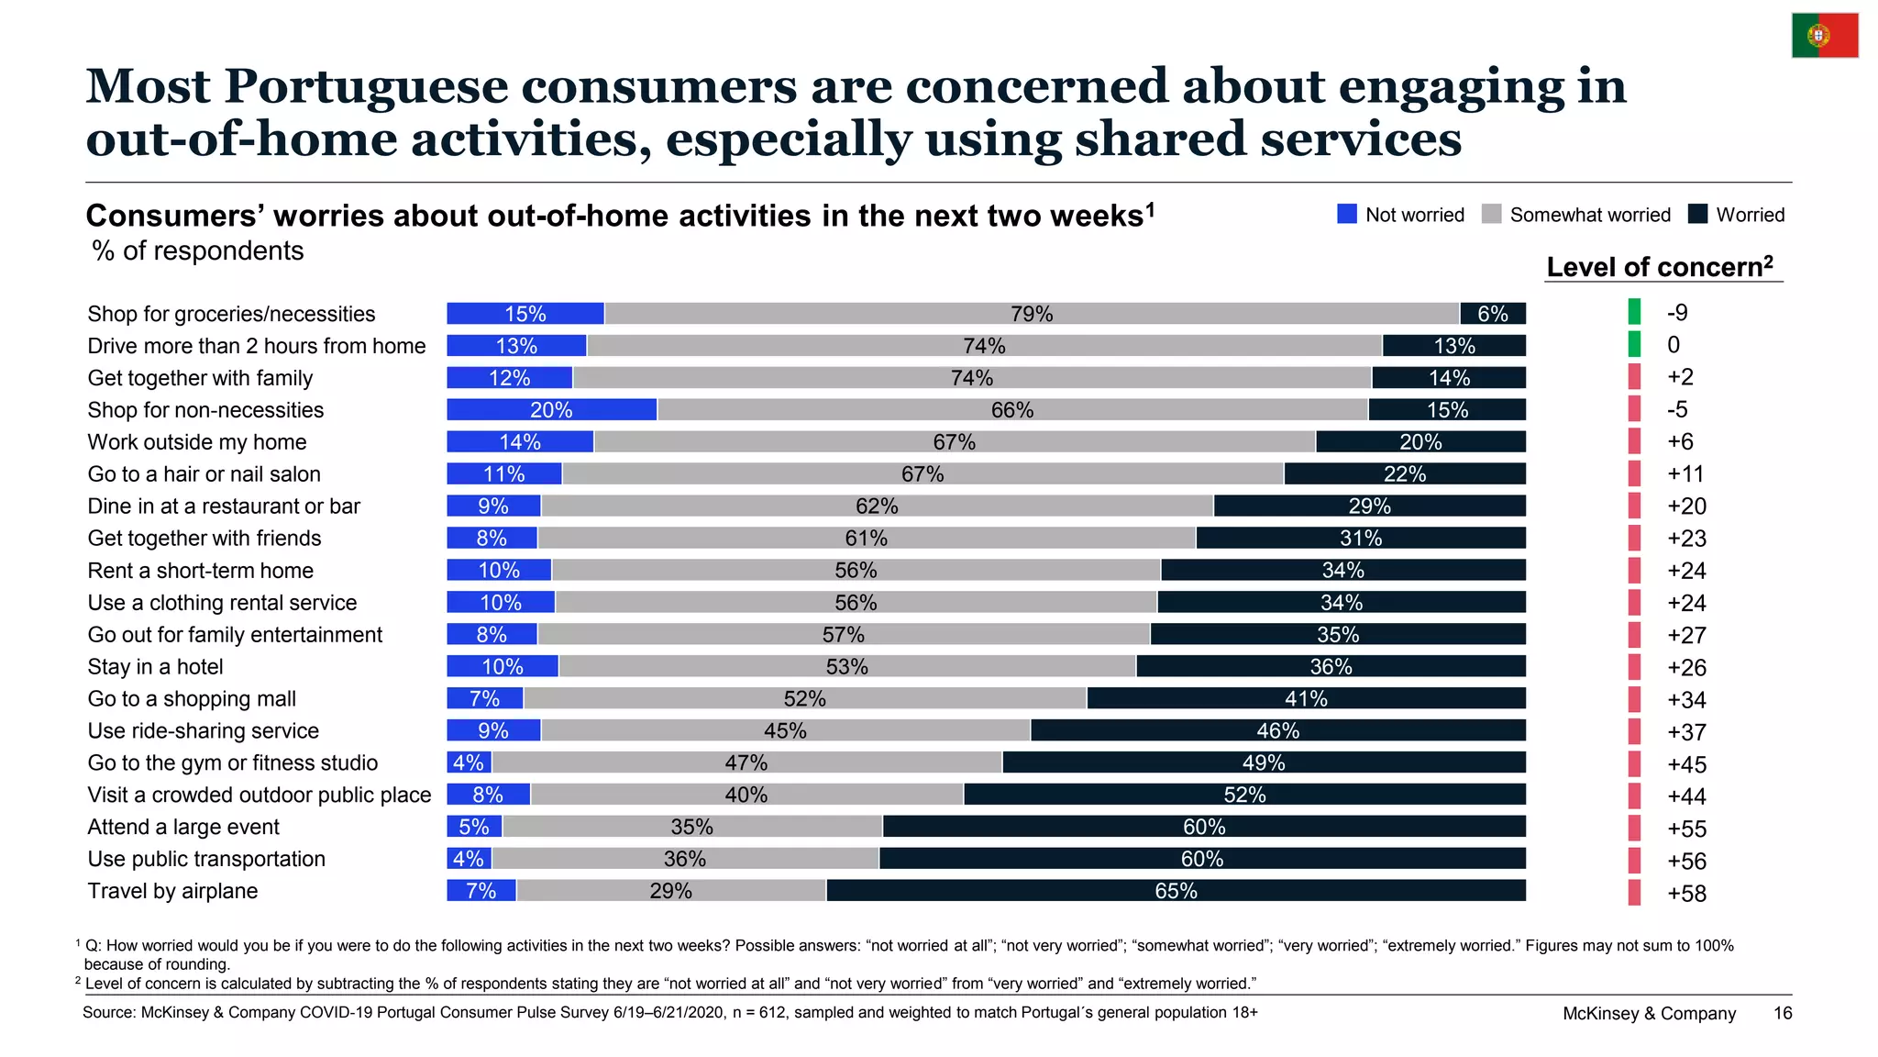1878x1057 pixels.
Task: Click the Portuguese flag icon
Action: point(1825,36)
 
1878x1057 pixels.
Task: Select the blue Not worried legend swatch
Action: point(1347,214)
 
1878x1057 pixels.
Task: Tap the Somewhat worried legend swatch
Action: point(1492,214)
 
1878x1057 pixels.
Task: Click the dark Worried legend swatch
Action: point(1698,214)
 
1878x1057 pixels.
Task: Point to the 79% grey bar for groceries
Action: point(1032,314)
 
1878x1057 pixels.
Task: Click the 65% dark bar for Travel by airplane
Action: point(1177,891)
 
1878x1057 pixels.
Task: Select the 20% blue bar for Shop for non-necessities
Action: point(552,410)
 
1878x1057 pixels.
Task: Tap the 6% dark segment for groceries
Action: point(1493,314)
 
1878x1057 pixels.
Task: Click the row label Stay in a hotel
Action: point(155,667)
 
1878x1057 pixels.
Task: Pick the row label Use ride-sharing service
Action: point(204,731)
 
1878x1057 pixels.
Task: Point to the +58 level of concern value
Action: point(1686,894)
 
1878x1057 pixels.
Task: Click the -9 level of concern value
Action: point(1677,313)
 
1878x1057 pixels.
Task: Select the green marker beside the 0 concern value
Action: point(1634,345)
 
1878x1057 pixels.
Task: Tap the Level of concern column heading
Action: point(1660,267)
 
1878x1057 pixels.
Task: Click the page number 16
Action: point(1783,1013)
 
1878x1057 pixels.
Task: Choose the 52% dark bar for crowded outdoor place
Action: point(1245,795)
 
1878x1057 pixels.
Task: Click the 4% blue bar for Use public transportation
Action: point(469,859)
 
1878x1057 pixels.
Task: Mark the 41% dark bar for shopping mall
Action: point(1307,699)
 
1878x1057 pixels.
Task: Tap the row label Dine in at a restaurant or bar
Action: point(224,506)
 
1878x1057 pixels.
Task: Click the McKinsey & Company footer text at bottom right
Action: point(1649,1013)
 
